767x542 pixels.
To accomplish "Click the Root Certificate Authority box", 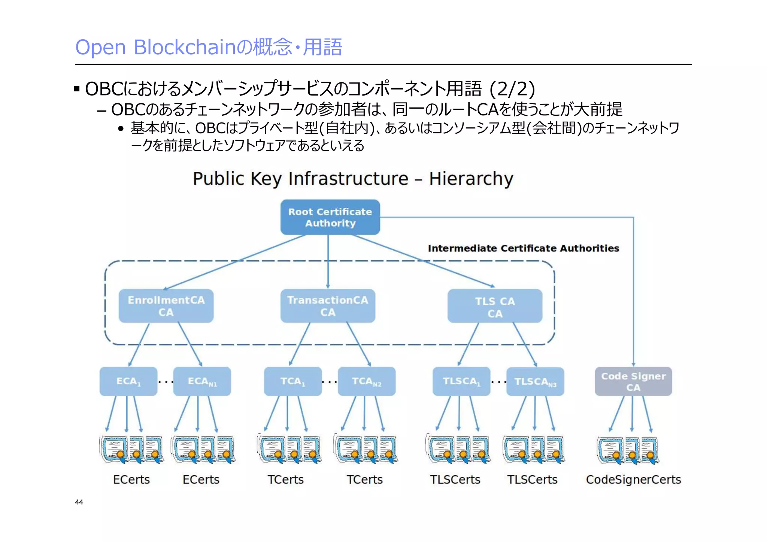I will pos(330,217).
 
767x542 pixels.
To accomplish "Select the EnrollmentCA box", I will pos(166,306).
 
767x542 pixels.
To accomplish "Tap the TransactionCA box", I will pos(328,306).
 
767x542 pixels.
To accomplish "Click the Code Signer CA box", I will pos(633,381).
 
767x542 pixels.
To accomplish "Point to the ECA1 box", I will pos(128,381).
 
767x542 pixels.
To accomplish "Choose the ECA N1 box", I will pos(202,381).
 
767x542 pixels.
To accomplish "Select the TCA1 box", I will pos(292,381).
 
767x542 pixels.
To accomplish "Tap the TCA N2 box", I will pos(366,381).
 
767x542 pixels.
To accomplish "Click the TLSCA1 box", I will pos(461,381).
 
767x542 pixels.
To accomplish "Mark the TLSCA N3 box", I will pos(535,381).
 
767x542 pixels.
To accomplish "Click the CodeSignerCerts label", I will pos(633,479).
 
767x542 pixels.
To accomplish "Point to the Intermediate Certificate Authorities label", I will pos(523,248).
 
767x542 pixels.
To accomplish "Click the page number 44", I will pos(79,502).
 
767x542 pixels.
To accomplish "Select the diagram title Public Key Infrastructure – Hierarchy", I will pos(353,178).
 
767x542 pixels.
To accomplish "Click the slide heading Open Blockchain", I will pos(209,47).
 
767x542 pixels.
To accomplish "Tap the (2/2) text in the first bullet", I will pos(512,89).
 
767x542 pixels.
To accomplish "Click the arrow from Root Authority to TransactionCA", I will pos(328,262).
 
